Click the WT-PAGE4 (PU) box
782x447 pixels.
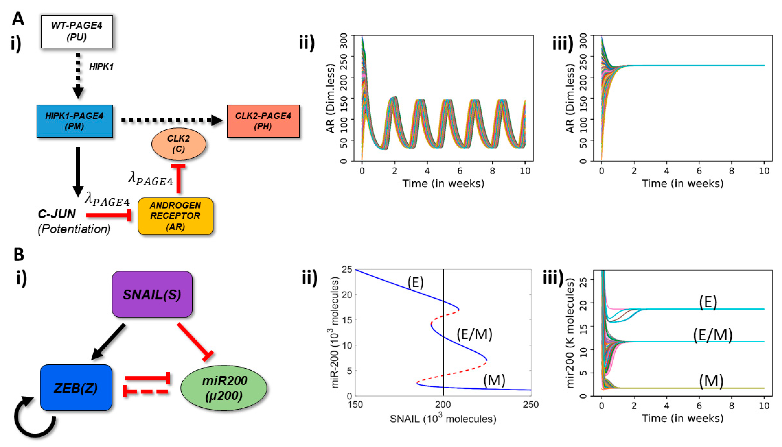[77, 32]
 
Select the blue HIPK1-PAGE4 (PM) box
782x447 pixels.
[75, 121]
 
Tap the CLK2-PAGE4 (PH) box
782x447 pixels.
[263, 121]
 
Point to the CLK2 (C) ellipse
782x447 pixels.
[179, 144]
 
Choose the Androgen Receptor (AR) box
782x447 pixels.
[175, 216]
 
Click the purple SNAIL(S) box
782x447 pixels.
[152, 294]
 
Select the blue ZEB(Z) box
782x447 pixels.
[76, 387]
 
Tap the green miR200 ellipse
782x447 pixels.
[224, 388]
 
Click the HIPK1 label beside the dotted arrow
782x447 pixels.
[101, 67]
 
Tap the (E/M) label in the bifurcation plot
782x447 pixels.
[474, 334]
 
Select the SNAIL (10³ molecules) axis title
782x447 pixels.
[443, 419]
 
